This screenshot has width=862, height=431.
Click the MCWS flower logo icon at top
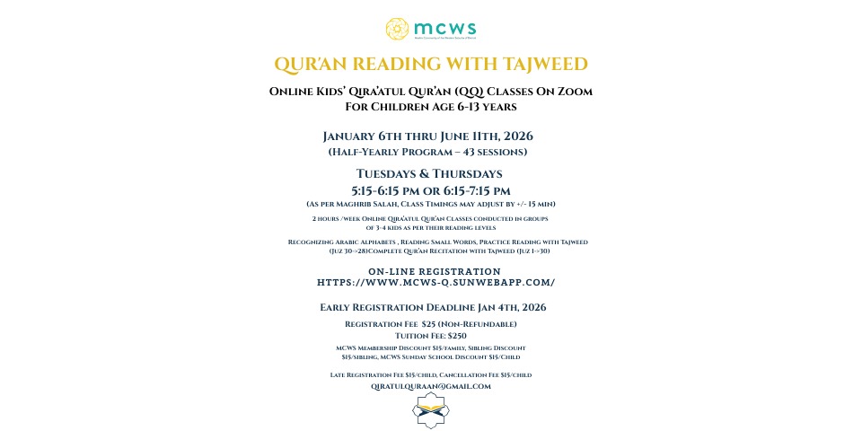point(398,30)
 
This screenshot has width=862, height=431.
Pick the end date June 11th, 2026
point(487,136)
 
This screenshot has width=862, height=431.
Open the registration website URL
point(435,282)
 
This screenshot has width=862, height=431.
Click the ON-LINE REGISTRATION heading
point(435,271)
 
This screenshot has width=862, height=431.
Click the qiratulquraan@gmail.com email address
point(431,386)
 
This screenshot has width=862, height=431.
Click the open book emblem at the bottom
point(430,410)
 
